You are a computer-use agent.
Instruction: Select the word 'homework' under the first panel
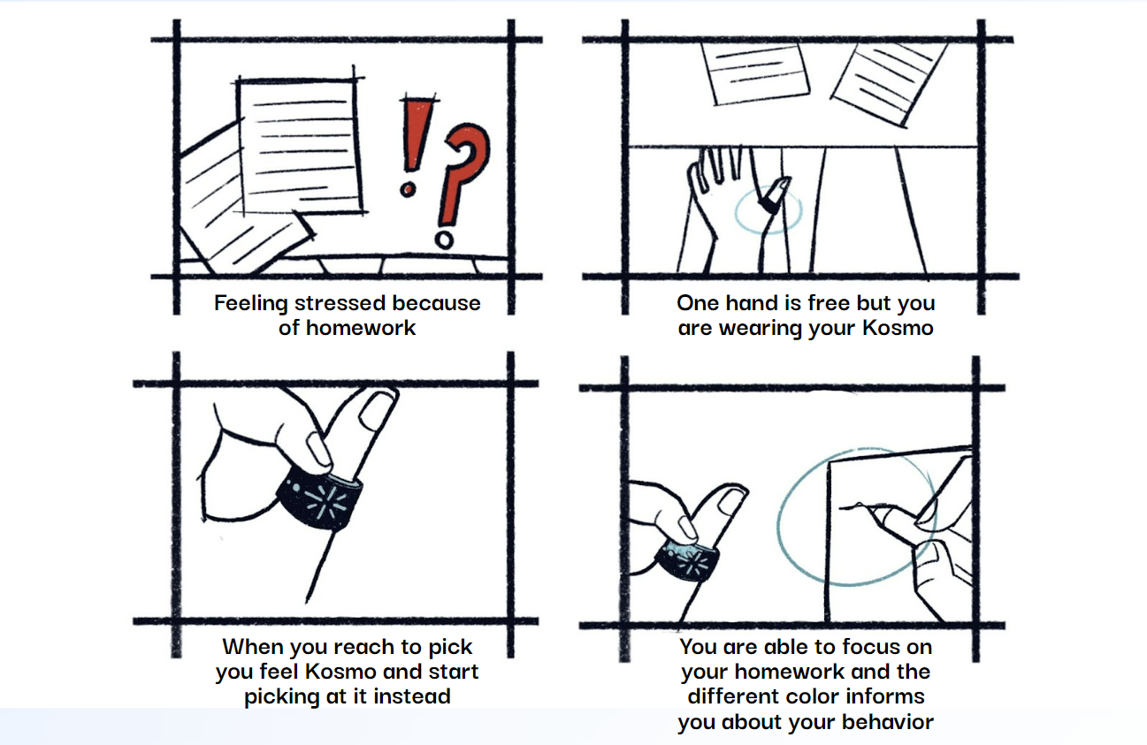(361, 328)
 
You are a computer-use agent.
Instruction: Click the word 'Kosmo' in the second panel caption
(898, 328)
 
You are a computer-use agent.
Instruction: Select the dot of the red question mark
(444, 239)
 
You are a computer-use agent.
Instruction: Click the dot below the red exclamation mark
(408, 190)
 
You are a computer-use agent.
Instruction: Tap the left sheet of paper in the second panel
(754, 72)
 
